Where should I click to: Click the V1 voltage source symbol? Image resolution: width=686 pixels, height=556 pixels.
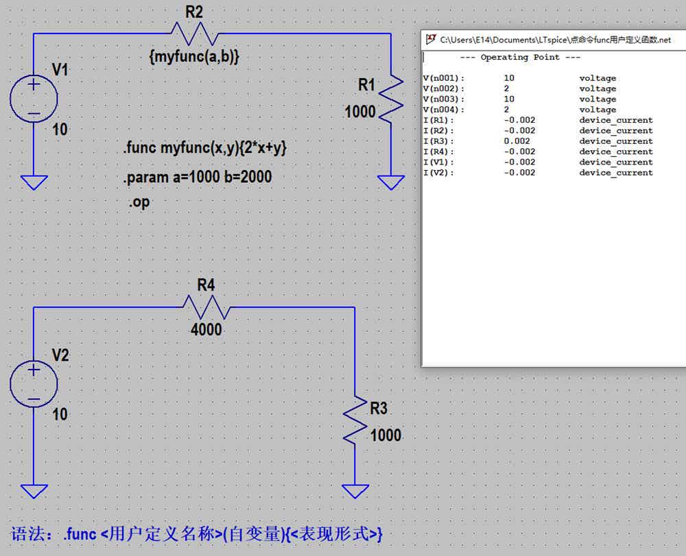pos(34,98)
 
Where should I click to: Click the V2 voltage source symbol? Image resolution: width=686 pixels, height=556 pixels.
pos(34,384)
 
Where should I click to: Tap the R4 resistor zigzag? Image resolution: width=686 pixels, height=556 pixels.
pos(206,307)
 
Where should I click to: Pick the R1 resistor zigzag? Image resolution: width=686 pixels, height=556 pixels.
pos(391,98)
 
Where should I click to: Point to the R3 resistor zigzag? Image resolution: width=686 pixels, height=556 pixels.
pos(355,420)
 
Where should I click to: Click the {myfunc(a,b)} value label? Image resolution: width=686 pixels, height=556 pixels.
pos(194,56)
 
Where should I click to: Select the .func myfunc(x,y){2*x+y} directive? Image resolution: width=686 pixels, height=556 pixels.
pos(204,148)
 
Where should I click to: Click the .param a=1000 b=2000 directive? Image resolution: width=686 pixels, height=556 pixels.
pos(198,177)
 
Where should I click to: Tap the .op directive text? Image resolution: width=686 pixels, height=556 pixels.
pos(139,202)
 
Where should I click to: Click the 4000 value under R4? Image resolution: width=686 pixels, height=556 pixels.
pos(206,330)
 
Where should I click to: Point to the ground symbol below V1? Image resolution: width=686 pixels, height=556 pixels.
pos(34,182)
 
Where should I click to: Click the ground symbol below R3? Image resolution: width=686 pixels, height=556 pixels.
pos(355,492)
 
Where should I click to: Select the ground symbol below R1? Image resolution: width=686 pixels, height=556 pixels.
pos(391,182)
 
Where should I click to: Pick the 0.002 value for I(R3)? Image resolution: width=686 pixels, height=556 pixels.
pos(517,141)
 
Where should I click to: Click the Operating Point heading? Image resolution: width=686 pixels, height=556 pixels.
pos(520,58)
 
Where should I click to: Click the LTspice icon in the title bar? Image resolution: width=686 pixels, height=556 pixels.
pos(431,39)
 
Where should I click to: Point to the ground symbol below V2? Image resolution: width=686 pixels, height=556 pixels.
pos(34,492)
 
